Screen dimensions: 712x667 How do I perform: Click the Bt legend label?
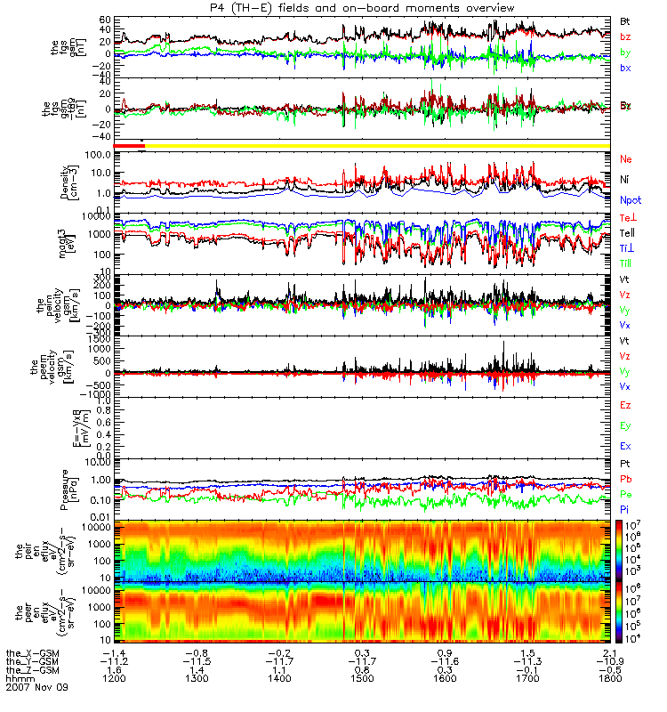(x=626, y=20)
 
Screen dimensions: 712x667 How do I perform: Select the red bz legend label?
(x=626, y=36)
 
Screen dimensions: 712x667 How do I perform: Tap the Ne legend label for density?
(x=626, y=159)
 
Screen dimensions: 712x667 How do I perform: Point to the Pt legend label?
(x=626, y=465)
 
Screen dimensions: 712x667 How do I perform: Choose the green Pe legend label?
(x=626, y=494)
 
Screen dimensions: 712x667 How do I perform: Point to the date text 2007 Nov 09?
(x=36, y=688)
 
